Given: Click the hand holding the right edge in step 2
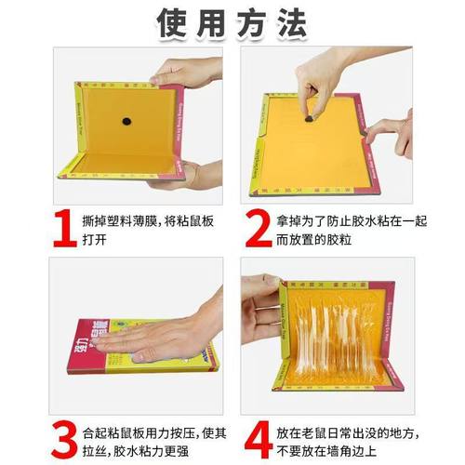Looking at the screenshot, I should (x=392, y=135).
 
